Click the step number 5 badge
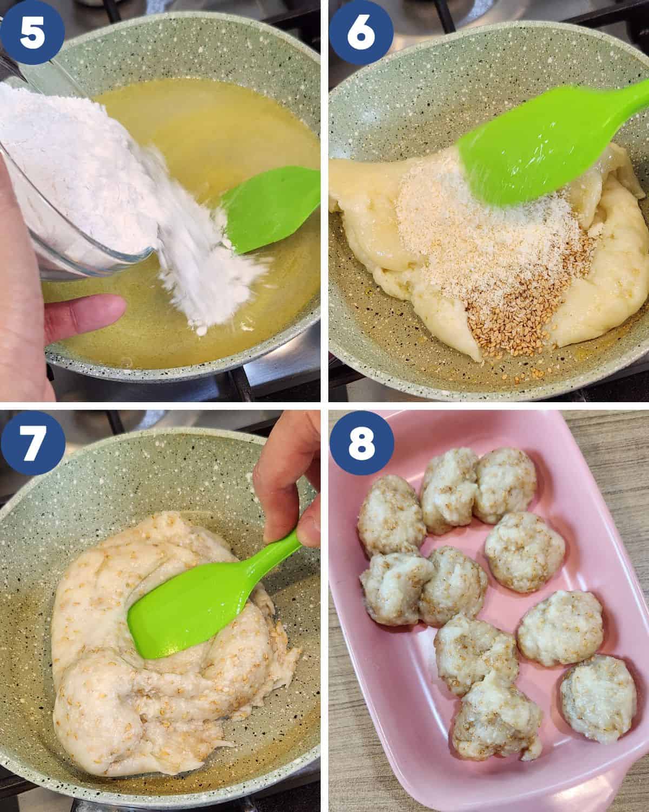click(x=32, y=32)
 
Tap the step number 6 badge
click(x=361, y=32)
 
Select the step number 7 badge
click(x=32, y=443)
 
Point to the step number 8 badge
click(x=362, y=443)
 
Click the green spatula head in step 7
click(x=196, y=604)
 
